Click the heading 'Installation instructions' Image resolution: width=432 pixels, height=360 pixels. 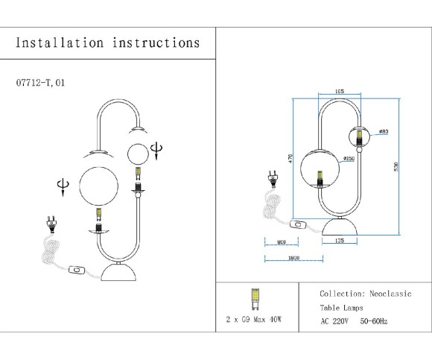pos(107,42)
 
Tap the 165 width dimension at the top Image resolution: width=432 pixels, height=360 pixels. pos(340,91)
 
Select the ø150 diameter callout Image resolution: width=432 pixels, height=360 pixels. pos(348,159)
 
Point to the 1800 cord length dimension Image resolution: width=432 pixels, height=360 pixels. pos(293,258)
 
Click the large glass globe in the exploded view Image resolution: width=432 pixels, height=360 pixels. pos(99,185)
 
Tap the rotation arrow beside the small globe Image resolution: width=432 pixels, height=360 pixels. pos(155,150)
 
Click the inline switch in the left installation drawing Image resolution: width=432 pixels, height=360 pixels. pos(76,271)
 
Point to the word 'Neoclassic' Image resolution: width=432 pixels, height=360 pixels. pos(393,294)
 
